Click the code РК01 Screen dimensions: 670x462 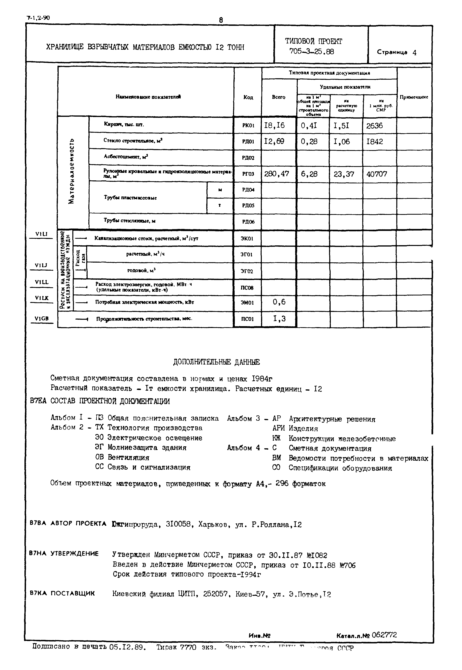pyautogui.click(x=248, y=125)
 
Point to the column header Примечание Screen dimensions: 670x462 pyautogui.click(x=414, y=97)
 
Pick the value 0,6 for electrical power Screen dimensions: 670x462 pyautogui.click(x=279, y=302)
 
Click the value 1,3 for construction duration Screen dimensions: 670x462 pyautogui.click(x=279, y=319)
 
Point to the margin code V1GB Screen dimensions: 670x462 pyautogui.click(x=41, y=319)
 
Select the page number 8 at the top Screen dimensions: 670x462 pyautogui.click(x=221, y=20)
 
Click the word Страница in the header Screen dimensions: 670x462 pyautogui.click(x=392, y=52)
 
